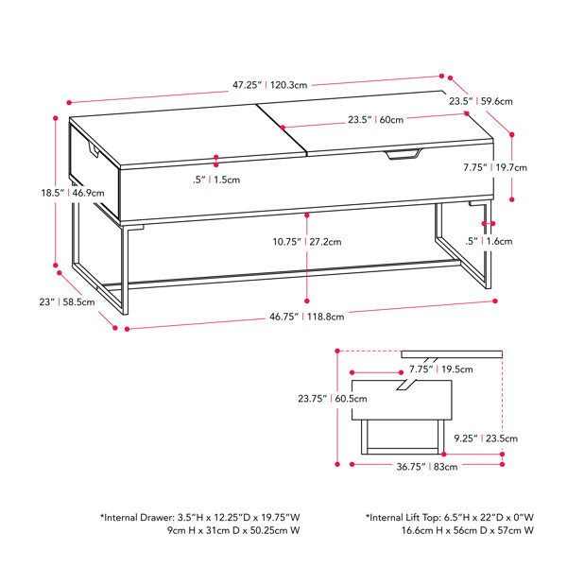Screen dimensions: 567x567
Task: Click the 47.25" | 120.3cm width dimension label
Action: click(269, 85)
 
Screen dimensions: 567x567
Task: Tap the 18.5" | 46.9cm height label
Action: click(73, 193)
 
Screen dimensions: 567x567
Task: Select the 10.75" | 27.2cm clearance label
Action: click(307, 242)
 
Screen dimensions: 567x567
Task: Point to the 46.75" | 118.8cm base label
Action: click(306, 317)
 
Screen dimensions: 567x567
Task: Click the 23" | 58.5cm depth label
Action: click(67, 302)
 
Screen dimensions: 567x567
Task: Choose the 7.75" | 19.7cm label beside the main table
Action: click(495, 167)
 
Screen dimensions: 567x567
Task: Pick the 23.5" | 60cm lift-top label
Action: click(376, 120)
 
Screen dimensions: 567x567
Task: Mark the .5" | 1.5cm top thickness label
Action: click(216, 180)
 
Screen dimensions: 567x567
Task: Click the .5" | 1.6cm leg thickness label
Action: click(489, 241)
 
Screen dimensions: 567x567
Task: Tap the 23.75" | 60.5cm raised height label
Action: click(333, 399)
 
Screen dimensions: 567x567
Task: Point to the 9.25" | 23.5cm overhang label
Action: click(486, 438)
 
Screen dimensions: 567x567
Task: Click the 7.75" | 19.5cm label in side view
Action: click(440, 369)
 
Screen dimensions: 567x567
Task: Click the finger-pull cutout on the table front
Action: click(404, 154)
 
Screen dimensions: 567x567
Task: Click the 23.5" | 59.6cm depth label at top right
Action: click(481, 101)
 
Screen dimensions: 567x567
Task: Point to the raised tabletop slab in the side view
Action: click(452, 354)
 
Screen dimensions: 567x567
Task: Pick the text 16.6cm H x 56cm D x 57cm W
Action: click(468, 531)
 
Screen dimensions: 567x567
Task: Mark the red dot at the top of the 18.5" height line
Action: click(56, 118)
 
